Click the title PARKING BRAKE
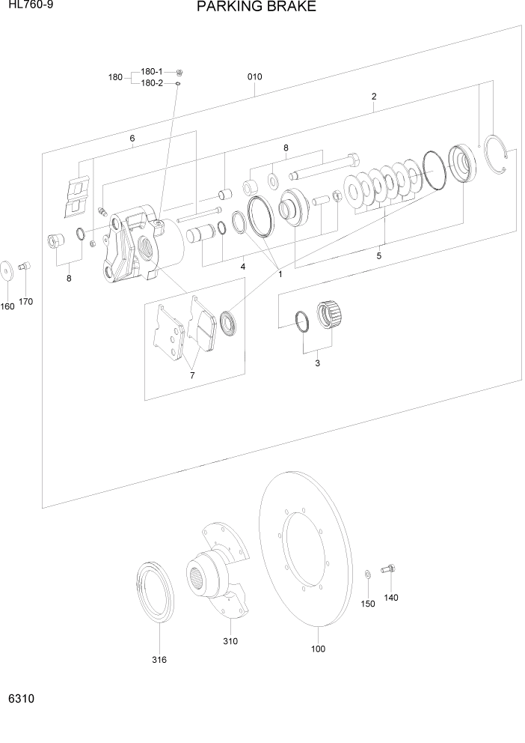256,7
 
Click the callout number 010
254,77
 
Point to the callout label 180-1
151,71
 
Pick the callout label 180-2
151,83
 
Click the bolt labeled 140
387,570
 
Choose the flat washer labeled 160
7,268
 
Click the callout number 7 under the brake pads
192,375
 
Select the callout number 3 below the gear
317,363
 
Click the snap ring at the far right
497,157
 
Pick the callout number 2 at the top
373,97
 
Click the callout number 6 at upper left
132,139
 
